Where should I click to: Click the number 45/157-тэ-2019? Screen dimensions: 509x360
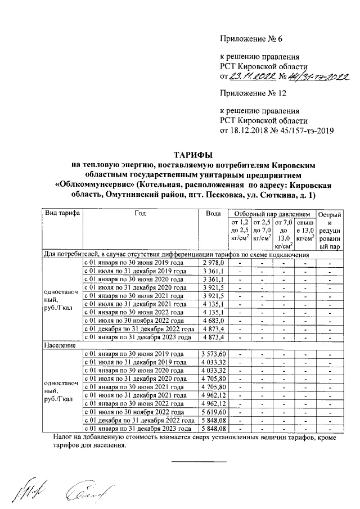click(307, 132)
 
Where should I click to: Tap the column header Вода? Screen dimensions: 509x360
click(213, 214)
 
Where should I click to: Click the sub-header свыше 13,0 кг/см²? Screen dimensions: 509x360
click(304, 231)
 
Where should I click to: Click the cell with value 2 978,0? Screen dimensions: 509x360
click(213, 263)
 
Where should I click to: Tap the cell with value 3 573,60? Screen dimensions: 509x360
click(213, 354)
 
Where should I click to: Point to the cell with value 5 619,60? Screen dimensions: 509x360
click(213, 412)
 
